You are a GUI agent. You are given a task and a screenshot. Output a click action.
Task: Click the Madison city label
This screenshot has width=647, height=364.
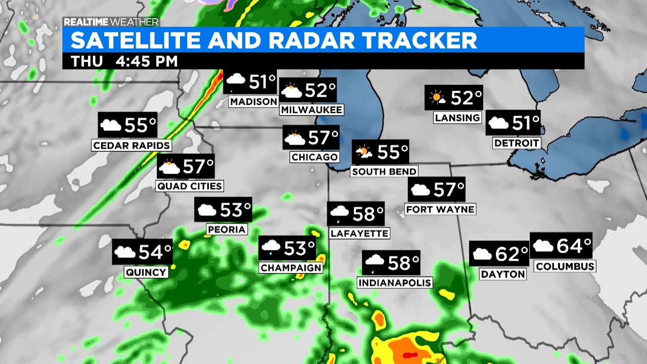[x=253, y=102]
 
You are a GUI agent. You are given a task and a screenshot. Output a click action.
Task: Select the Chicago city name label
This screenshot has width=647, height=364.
[x=314, y=157]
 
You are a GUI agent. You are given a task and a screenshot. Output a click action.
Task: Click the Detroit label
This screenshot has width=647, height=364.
[x=517, y=143]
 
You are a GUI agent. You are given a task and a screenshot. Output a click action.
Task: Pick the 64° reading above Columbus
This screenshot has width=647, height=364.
[x=574, y=246]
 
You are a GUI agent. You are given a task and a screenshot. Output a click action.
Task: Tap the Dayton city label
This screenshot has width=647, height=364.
[x=503, y=274]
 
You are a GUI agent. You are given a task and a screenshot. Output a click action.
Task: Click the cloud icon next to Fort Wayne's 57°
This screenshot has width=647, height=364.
[x=420, y=190]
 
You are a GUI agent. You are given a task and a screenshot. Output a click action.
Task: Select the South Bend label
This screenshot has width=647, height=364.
[x=384, y=171]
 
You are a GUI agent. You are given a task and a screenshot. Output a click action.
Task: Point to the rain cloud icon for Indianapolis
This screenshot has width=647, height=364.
[x=375, y=262]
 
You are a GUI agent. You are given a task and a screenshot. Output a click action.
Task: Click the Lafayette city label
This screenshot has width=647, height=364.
[x=359, y=233]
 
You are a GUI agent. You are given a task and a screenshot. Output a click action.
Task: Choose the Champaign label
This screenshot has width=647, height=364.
[x=291, y=267]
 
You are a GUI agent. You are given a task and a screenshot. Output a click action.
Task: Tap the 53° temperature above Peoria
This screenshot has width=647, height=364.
[x=236, y=209]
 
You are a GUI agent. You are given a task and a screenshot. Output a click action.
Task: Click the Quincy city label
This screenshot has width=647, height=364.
[x=146, y=272]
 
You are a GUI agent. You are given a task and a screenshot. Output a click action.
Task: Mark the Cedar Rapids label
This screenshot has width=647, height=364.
[x=131, y=146]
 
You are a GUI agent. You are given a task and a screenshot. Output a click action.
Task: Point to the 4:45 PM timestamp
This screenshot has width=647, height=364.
[x=147, y=62]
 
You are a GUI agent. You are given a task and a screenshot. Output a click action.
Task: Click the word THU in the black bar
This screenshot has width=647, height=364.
[x=86, y=62]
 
